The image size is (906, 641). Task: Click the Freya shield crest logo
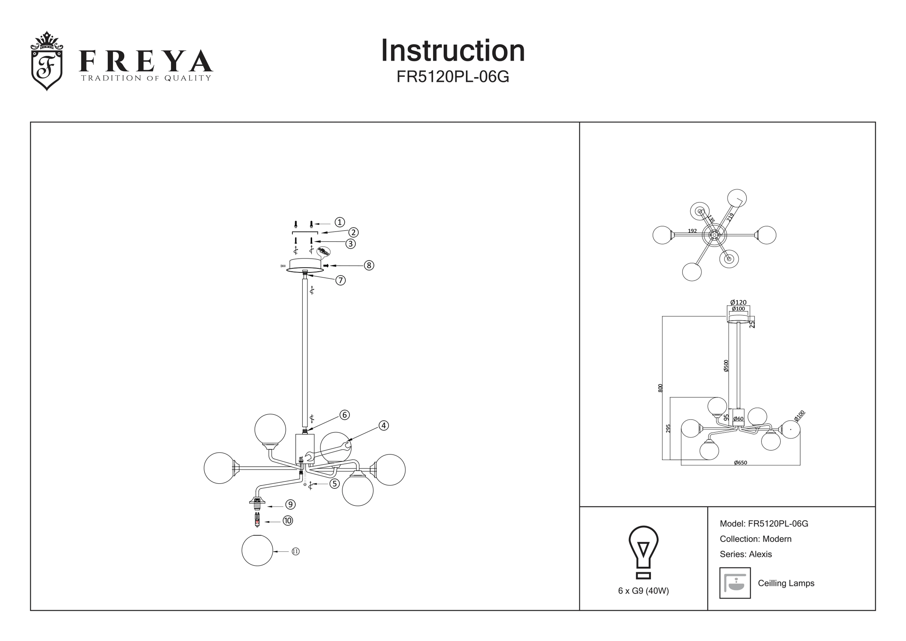click(47, 61)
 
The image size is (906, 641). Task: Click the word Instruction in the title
click(453, 51)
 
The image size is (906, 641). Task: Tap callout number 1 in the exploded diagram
click(339, 222)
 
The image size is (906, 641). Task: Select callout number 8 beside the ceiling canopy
click(369, 265)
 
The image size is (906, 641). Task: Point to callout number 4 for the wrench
click(383, 425)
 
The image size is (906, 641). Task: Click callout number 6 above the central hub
click(344, 415)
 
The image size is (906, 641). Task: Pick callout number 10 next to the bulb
click(288, 521)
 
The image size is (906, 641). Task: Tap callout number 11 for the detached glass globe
click(296, 551)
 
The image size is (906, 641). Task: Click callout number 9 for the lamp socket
click(290, 504)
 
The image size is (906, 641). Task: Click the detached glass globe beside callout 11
click(257, 550)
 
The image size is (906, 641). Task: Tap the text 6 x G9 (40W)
click(643, 591)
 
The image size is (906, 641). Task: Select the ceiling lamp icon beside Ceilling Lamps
click(735, 583)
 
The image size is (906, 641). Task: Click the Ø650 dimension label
click(740, 463)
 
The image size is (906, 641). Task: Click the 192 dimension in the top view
click(692, 231)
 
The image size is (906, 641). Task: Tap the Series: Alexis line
click(745, 554)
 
